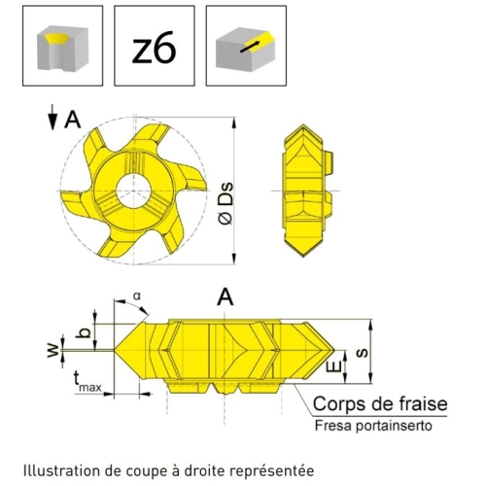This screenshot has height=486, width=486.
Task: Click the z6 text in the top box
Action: coord(155,48)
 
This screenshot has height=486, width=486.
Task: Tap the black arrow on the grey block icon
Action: coord(251,47)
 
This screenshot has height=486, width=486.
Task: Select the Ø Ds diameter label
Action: coord(226,204)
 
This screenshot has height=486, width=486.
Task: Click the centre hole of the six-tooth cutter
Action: coord(133,191)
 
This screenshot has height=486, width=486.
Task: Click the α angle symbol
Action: coord(137,295)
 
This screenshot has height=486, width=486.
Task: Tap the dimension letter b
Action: coord(83,332)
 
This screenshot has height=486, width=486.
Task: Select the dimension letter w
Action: coord(52,350)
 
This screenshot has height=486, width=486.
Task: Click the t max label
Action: coord(87,382)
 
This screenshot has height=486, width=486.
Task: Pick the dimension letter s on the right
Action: coord(362,352)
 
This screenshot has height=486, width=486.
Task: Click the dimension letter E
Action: coord(336,366)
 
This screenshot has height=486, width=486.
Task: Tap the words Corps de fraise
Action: coord(380,404)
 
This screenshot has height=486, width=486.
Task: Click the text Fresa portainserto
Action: coord(373,426)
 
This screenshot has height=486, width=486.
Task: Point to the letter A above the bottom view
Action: coord(226,297)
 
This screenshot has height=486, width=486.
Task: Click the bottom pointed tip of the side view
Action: coord(303,257)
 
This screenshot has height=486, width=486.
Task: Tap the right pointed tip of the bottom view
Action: coord(334,351)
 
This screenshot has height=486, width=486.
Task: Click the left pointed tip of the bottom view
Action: coord(115,350)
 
